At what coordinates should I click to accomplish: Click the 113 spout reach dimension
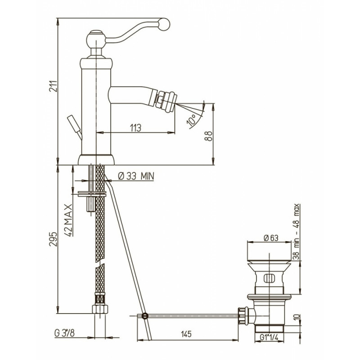pos(135,128)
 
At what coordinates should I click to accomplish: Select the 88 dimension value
pos(208,136)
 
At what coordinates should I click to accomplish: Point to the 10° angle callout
pos(192,120)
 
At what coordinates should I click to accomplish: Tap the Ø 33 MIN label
pos(136,176)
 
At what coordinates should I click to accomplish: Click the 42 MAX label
pos(68,220)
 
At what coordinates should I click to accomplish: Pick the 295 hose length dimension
pos(53,239)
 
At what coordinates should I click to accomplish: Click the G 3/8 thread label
pos(64,333)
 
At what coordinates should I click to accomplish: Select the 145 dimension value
pos(186,333)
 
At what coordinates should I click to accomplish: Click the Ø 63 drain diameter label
pos(271,238)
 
